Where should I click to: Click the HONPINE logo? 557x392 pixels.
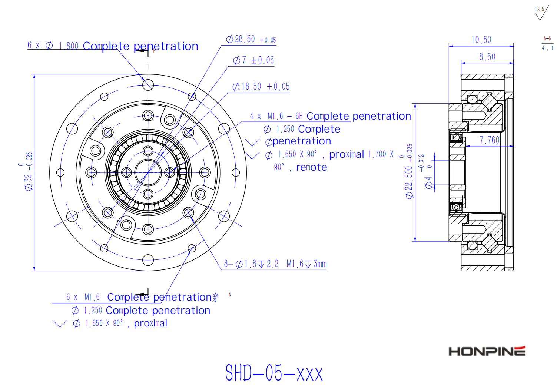click(x=487, y=351)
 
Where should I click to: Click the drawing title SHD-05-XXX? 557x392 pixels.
click(x=274, y=373)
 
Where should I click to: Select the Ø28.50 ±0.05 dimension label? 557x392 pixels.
click(x=251, y=40)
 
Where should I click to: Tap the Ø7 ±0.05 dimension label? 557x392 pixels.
click(x=253, y=60)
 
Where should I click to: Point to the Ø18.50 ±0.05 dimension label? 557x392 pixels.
click(x=261, y=87)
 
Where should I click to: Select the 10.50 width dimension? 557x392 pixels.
click(x=481, y=40)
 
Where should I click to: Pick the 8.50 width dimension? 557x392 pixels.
click(x=487, y=57)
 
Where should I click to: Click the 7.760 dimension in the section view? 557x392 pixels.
click(x=489, y=140)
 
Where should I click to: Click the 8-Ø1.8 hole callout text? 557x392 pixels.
click(x=275, y=264)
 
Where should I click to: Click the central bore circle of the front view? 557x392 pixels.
click(x=148, y=172)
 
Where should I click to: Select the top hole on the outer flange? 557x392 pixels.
click(x=148, y=85)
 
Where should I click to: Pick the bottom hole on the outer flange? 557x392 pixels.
click(x=148, y=260)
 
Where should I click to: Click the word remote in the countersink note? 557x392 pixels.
click(x=311, y=167)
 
